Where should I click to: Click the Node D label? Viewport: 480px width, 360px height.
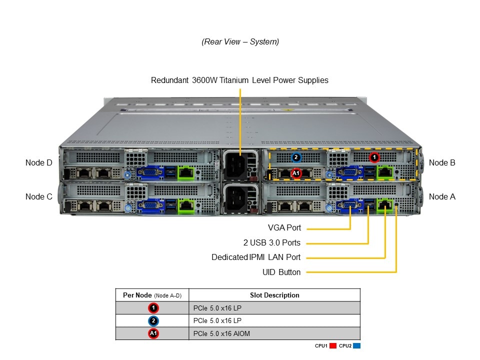click(39, 162)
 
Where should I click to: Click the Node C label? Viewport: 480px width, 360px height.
click(39, 196)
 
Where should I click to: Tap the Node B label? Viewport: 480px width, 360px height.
click(442, 162)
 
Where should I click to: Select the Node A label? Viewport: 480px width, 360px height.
click(442, 196)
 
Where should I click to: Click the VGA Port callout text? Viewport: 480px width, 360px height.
click(284, 228)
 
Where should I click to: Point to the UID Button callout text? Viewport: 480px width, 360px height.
click(281, 272)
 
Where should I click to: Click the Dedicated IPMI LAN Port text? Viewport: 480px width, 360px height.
click(256, 257)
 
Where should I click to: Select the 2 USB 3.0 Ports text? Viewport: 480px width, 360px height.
click(272, 243)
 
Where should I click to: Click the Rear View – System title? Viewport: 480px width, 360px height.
click(240, 42)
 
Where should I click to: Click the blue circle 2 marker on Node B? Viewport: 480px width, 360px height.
click(296, 157)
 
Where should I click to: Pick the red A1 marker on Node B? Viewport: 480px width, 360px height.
click(295, 173)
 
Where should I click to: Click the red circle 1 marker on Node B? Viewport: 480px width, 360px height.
click(374, 157)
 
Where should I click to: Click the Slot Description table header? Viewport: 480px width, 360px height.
click(274, 295)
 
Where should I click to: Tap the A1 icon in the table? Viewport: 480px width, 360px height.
click(153, 333)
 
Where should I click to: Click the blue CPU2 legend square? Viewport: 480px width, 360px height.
click(356, 345)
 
